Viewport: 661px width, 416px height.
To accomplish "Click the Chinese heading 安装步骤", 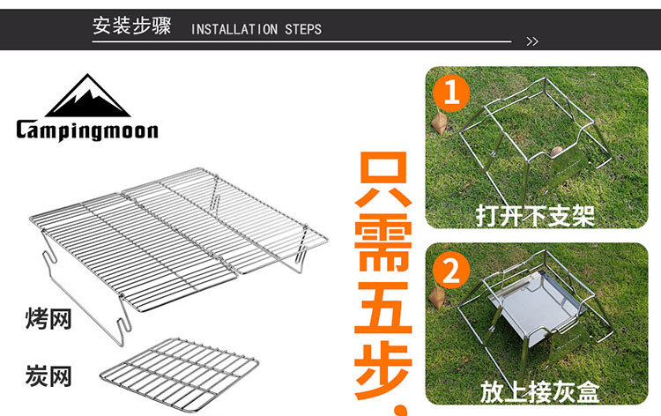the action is [131, 26].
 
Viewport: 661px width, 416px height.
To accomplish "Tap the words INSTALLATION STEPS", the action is [256, 29].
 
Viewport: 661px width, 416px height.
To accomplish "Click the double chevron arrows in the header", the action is [532, 41].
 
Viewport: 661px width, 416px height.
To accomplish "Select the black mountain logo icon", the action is [87, 96].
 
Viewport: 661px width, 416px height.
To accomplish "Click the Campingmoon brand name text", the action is [87, 130].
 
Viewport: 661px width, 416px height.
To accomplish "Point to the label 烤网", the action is [48, 319].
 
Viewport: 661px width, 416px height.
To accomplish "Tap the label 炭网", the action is [48, 375].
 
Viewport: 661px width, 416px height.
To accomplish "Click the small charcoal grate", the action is [180, 374].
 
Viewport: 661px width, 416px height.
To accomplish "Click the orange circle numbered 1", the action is [451, 93].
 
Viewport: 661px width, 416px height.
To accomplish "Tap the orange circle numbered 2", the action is [451, 270].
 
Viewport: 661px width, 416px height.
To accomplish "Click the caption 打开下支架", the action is [535, 216].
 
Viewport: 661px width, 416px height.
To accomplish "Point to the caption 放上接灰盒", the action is [539, 392].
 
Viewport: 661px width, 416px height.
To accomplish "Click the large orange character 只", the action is [383, 180].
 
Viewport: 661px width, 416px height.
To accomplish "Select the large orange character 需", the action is [383, 242].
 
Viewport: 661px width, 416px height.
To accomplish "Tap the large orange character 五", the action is [383, 308].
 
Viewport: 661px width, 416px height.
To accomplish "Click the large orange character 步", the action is [383, 371].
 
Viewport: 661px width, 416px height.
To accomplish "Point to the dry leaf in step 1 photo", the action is [439, 123].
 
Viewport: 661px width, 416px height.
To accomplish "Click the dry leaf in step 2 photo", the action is [437, 297].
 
